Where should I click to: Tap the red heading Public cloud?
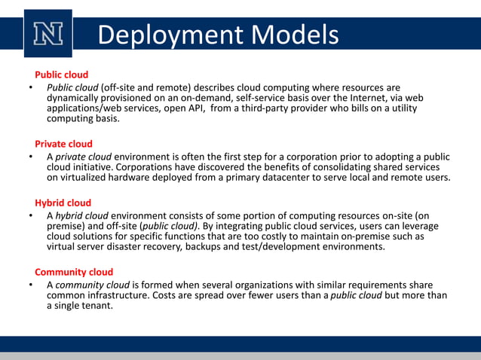coord(61,75)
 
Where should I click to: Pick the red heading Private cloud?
coord(63,144)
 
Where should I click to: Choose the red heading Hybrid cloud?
coord(63,203)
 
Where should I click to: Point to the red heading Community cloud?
coord(74,272)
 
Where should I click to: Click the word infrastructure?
coord(123,296)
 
